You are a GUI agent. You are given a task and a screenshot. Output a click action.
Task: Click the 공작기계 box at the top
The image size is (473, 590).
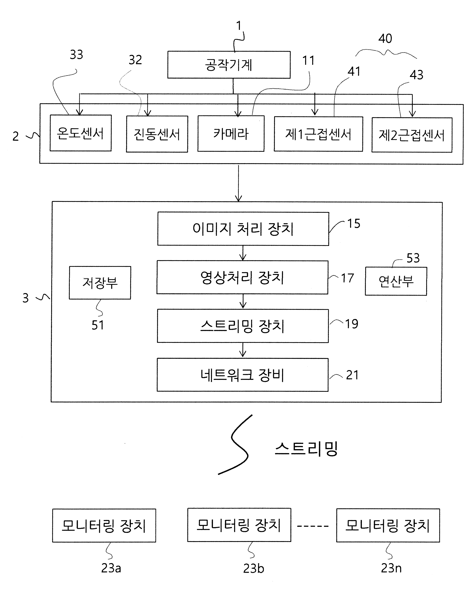(229, 65)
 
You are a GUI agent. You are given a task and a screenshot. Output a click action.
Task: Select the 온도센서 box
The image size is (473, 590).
(81, 133)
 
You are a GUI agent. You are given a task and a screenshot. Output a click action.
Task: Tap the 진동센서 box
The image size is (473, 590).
(157, 134)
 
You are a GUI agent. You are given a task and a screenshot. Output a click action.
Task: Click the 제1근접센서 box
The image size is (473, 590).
(318, 134)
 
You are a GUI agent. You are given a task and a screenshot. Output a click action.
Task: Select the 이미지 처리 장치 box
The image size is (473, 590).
(243, 228)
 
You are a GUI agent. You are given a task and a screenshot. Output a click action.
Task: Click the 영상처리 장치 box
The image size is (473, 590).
(242, 277)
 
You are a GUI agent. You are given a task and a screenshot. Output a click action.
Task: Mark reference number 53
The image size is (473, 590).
(413, 258)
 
